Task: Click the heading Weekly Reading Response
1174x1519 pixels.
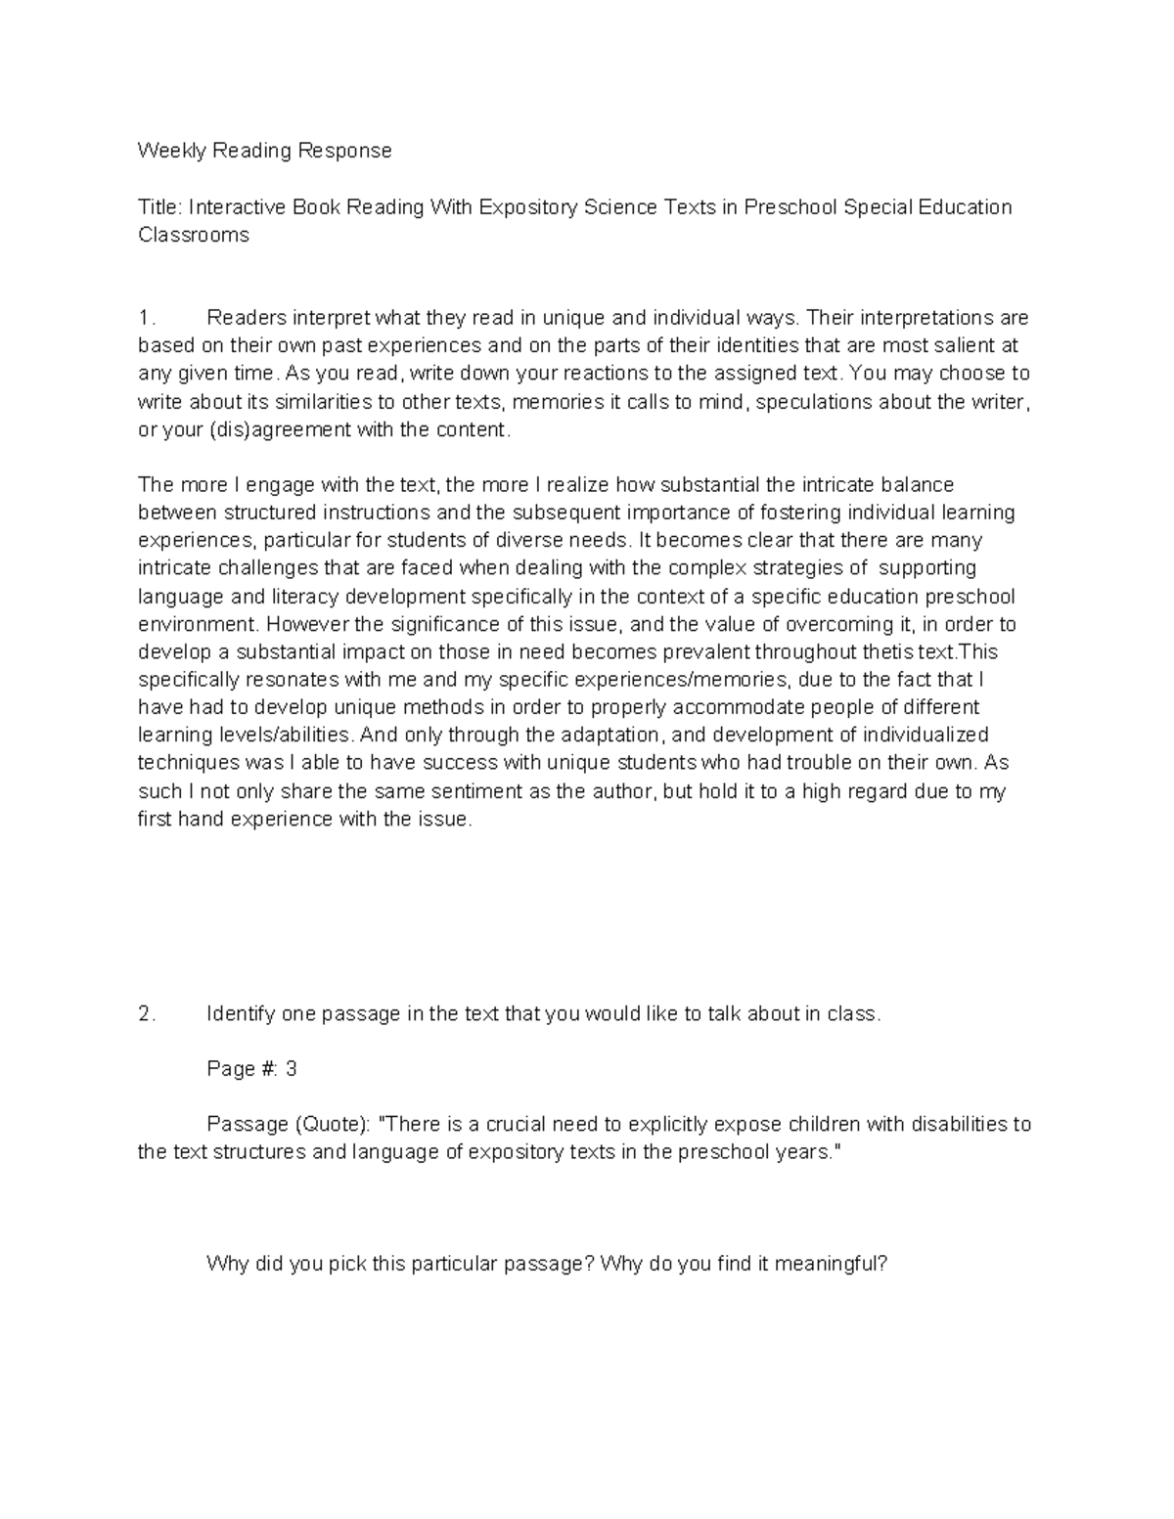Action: (264, 151)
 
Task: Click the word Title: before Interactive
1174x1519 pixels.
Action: (160, 207)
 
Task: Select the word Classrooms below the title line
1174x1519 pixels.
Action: (193, 235)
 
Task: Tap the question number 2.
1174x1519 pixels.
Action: (146, 1014)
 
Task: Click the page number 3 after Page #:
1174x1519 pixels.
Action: (291, 1069)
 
